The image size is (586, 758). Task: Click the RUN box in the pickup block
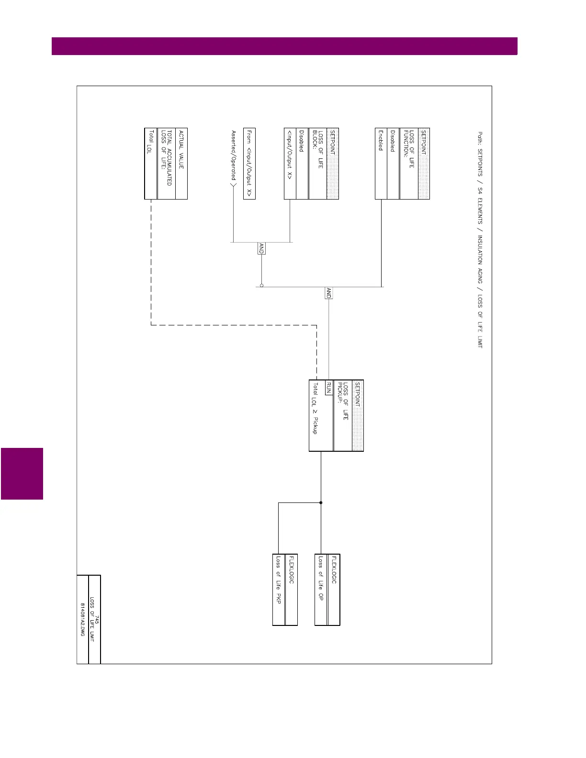328,388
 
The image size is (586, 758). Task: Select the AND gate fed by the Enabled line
328,293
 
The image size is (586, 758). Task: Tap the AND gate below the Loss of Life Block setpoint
261,248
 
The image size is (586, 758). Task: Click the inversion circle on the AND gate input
261,286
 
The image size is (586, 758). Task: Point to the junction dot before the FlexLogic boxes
321,502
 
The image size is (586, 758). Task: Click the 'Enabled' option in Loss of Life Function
381,140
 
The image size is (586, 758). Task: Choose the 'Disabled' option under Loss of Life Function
393,141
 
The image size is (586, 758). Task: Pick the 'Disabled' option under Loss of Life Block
302,141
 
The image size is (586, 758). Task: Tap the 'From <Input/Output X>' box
249,164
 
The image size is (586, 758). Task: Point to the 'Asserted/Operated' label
234,154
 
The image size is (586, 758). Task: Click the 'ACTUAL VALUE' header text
181,149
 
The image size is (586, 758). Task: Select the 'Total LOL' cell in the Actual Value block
150,142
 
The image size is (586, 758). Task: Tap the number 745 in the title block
97,619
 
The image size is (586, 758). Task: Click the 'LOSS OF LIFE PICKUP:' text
343,401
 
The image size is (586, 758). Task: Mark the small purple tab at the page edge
22,474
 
